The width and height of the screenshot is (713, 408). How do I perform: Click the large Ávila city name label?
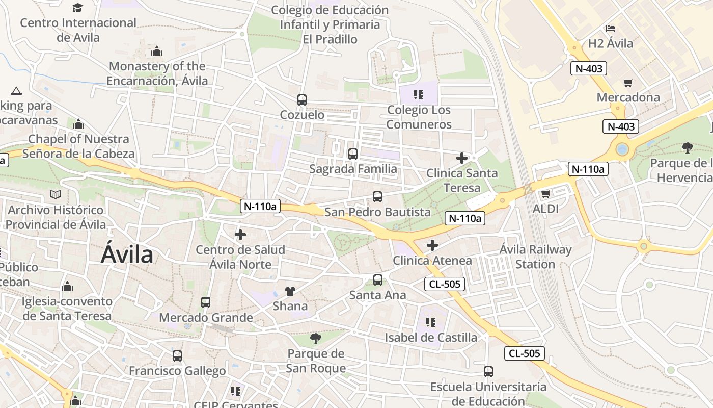coord(127,254)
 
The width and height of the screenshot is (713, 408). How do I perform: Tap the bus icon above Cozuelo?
coord(302,100)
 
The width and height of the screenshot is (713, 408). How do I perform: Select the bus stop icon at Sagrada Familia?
coord(352,154)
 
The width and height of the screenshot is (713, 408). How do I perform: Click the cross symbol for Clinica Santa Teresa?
coord(462,158)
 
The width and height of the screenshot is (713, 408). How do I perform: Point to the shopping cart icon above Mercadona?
coord(628,83)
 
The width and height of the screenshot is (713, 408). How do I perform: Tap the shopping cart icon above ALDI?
coord(546,194)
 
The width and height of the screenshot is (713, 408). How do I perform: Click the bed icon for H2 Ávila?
coord(611,29)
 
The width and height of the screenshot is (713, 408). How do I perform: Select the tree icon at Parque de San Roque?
coord(316,338)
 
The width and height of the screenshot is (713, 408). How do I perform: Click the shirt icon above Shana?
coord(290,291)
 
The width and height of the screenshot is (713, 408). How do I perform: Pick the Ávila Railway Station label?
coord(535,257)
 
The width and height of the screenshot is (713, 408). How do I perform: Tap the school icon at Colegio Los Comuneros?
coord(419,94)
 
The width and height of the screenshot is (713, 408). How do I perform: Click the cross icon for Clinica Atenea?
coord(432,245)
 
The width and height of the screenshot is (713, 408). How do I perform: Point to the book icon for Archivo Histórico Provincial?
coord(56,194)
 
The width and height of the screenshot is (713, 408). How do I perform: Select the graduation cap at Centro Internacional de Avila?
coord(77,8)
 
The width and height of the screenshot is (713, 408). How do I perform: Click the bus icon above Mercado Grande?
coord(206,302)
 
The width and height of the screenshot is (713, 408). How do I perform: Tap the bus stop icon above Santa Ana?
coord(378,279)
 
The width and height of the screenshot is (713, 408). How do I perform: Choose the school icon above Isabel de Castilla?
coord(431,322)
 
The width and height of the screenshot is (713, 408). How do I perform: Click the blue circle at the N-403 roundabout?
coord(622,149)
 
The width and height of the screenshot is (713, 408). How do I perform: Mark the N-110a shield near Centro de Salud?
coord(260,206)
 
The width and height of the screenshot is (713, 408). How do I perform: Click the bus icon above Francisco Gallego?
coord(177,355)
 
